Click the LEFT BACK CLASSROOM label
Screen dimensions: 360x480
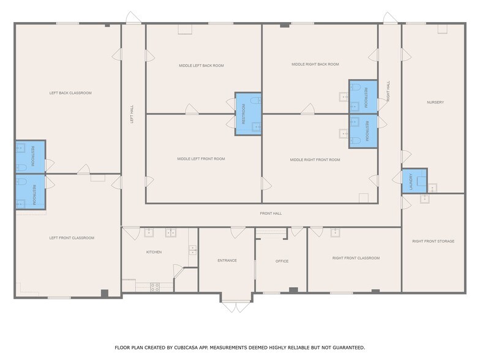70,93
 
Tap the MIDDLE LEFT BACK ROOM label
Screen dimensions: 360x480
201,66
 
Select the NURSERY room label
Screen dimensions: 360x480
435,102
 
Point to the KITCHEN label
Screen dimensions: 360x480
154,252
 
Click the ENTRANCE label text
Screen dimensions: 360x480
227,261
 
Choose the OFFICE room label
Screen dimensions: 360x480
282,261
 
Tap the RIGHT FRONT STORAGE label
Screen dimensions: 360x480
433,242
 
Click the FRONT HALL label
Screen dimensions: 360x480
271,214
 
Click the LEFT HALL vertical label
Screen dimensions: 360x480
132,114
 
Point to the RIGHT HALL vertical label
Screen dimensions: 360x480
388,91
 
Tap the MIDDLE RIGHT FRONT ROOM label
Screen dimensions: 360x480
315,160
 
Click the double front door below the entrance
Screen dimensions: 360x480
236,304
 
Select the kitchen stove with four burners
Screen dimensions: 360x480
155,287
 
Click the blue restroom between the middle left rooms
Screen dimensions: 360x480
249,114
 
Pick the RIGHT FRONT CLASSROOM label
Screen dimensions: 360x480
356,258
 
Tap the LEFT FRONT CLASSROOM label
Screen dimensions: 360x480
72,238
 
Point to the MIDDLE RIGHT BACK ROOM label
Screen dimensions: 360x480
315,64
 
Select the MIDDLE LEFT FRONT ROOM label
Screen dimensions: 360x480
201,159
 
